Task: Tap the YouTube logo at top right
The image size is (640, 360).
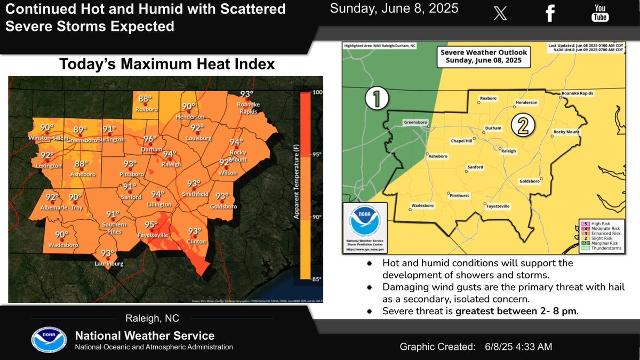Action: (600, 14)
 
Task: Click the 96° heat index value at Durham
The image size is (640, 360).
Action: (150, 139)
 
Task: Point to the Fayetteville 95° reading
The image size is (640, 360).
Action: (151, 224)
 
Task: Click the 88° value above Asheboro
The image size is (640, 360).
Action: (81, 164)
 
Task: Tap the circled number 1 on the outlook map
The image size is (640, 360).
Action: (376, 99)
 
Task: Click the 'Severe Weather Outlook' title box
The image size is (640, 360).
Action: (483, 57)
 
